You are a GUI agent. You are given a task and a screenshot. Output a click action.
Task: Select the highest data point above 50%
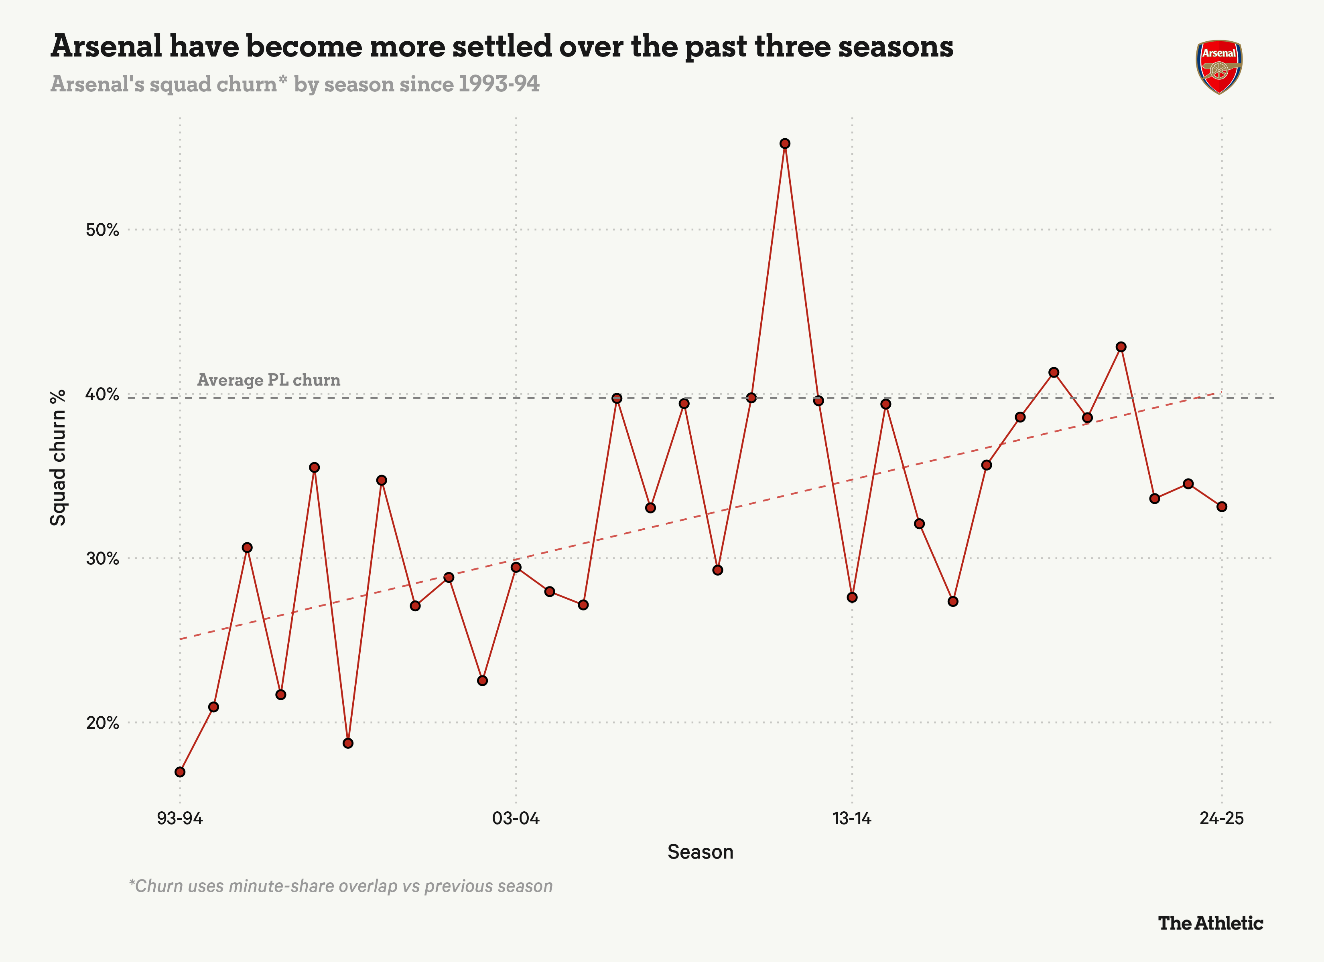click(x=785, y=143)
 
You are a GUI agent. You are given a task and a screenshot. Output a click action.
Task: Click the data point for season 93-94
click(x=180, y=772)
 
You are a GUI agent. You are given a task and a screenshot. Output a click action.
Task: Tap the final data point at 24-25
click(x=1222, y=506)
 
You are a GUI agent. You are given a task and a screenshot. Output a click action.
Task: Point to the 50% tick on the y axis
click(x=103, y=230)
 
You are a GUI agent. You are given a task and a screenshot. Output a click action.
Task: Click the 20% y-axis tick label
click(x=103, y=723)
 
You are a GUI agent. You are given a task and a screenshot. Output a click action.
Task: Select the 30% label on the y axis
click(x=103, y=558)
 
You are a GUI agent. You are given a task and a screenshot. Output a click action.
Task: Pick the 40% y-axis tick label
click(x=103, y=394)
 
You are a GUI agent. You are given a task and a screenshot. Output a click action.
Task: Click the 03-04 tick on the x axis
click(x=516, y=818)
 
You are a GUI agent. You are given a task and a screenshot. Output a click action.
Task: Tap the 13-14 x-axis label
click(x=852, y=818)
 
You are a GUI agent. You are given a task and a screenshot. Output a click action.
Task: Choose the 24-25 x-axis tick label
click(x=1222, y=818)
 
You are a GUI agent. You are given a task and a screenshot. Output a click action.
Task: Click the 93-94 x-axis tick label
click(x=180, y=818)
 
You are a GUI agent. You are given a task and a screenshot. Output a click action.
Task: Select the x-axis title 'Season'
click(x=700, y=852)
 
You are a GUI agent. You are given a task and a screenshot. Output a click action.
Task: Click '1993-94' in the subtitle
click(x=499, y=84)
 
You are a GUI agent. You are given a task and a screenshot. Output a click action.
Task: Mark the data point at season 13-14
click(x=852, y=597)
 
